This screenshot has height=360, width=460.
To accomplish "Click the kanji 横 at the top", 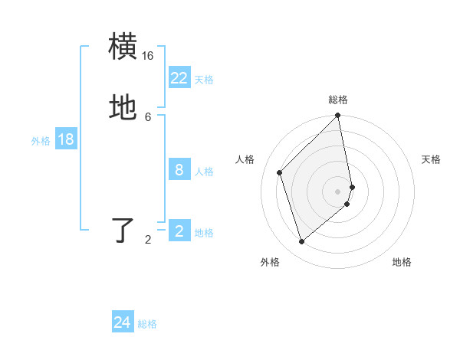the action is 124,47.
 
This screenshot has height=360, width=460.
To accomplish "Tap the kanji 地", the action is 124,109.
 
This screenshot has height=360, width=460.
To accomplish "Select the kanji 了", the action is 124,231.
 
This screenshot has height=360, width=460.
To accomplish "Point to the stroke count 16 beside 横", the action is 148,56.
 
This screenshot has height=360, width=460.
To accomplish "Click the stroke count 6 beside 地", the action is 148,116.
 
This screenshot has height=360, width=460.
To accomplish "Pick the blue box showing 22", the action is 179,77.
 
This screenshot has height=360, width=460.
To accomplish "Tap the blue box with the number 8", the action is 179,169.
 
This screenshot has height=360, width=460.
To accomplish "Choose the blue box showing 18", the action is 66,139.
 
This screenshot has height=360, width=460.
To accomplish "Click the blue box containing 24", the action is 123,322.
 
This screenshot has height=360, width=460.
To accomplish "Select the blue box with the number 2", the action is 179,231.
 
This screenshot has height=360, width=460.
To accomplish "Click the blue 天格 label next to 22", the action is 204,80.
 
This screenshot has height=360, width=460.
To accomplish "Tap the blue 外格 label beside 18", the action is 41,141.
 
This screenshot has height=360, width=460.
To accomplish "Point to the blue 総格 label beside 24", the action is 147,325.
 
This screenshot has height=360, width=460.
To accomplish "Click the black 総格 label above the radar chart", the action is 338,100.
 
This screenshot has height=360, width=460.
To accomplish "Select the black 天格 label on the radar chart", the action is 432,159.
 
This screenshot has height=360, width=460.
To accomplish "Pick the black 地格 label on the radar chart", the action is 402,262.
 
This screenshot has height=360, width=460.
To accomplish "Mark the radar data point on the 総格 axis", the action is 338,116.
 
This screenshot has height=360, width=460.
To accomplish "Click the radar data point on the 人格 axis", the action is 280,172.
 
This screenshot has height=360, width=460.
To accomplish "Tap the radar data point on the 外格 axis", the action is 302,241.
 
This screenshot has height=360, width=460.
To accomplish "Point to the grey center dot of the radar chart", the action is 338,191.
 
